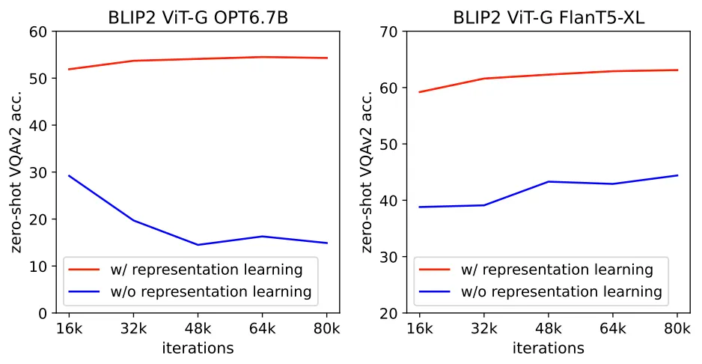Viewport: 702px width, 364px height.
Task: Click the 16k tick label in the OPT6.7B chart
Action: click(68, 328)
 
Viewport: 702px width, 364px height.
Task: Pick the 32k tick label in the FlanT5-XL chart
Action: click(483, 328)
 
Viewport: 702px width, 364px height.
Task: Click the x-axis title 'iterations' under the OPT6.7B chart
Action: click(197, 348)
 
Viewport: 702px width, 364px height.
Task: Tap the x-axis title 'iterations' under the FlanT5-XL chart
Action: click(549, 348)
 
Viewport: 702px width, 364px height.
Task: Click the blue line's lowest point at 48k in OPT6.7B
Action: click(197, 245)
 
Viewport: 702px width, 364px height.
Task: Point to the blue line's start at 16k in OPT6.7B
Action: click(68, 175)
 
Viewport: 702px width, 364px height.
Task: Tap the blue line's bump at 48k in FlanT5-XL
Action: click(549, 181)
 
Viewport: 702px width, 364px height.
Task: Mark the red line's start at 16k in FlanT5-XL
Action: click(420, 92)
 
